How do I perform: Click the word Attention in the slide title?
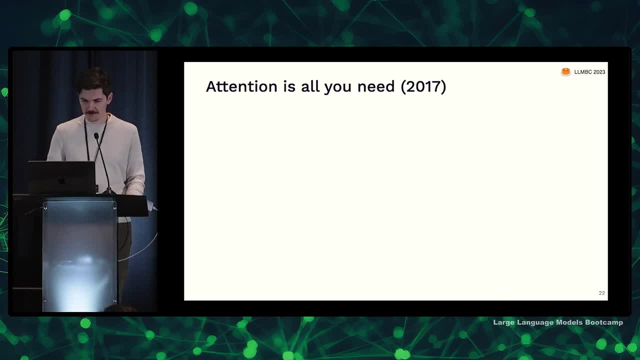click(x=241, y=86)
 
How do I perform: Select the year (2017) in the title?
click(x=423, y=86)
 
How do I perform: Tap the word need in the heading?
click(x=376, y=86)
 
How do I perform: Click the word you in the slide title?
click(x=337, y=88)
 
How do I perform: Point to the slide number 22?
click(x=601, y=293)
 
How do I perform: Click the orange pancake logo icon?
click(x=565, y=72)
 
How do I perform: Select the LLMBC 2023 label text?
click(x=589, y=72)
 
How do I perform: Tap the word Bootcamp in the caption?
click(x=604, y=322)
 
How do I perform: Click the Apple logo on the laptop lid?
click(x=61, y=181)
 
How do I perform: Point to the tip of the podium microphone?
click(x=96, y=135)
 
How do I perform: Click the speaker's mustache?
click(x=91, y=112)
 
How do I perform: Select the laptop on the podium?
click(x=62, y=177)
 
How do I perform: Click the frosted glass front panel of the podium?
click(x=79, y=256)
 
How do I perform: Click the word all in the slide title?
click(x=310, y=86)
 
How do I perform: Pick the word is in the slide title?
click(x=289, y=86)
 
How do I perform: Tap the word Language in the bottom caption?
click(x=535, y=323)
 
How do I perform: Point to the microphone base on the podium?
click(x=108, y=191)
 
